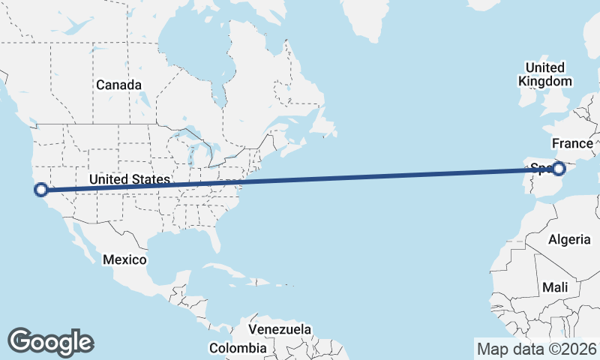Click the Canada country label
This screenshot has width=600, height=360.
coord(118,85)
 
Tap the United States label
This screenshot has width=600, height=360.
coord(130,179)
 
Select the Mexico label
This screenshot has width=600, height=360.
coord(124,259)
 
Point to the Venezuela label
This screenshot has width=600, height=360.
coord(280,329)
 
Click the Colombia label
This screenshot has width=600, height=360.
coord(237,348)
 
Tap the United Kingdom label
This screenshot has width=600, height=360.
coord(545,73)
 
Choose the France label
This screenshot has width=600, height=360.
coord(572,142)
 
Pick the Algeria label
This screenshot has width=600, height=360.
coord(570,239)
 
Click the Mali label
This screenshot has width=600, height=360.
coord(555,287)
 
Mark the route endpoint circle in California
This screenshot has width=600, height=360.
coord(41,190)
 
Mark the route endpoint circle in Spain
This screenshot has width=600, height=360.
coord(558,168)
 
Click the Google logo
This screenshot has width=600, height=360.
coord(50,341)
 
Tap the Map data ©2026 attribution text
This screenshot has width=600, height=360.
coord(537,349)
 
